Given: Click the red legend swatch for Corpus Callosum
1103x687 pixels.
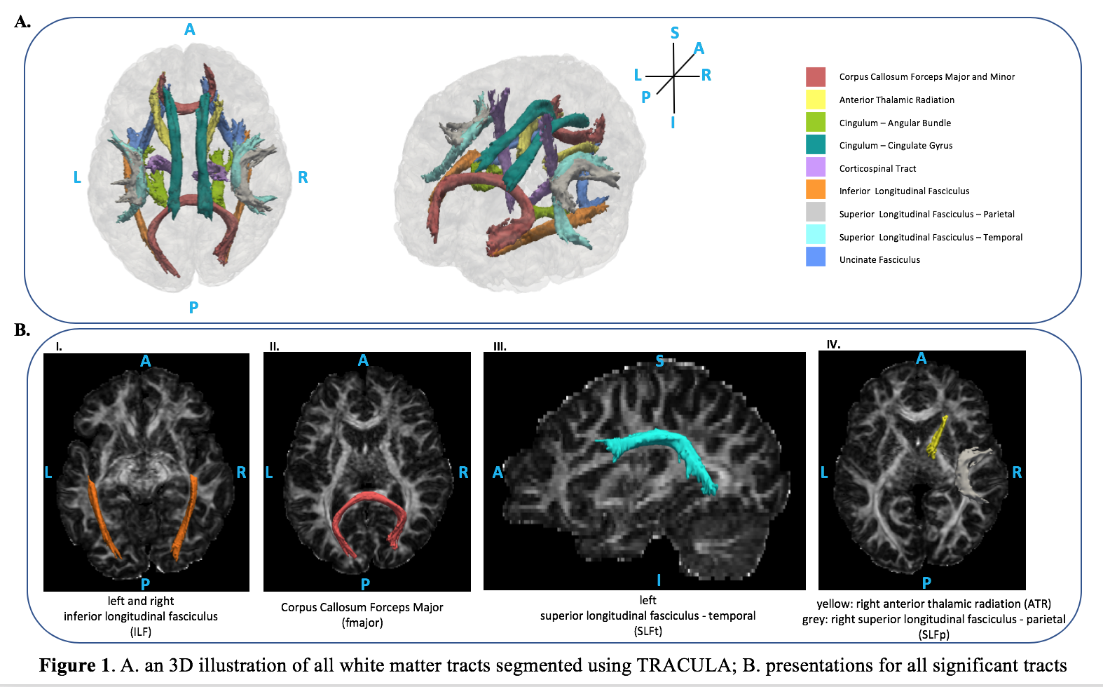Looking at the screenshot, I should click(x=815, y=76).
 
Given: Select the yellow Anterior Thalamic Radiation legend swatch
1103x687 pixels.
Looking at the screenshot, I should click(x=815, y=100).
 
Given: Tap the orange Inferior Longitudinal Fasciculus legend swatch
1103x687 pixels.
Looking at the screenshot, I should click(x=815, y=190).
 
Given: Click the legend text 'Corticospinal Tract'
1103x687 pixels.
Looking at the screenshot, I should click(x=877, y=168).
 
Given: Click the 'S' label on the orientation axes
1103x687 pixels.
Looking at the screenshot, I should click(x=674, y=33).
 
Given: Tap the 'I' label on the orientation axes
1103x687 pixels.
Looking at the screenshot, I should click(x=673, y=123).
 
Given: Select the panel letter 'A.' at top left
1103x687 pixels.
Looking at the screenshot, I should click(x=22, y=22).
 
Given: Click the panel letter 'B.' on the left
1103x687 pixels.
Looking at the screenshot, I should click(x=22, y=329).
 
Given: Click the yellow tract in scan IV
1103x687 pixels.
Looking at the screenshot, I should click(x=937, y=437).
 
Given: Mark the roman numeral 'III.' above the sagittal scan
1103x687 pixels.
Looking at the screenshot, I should click(x=500, y=346).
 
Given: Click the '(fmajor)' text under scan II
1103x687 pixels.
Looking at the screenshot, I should click(x=362, y=623).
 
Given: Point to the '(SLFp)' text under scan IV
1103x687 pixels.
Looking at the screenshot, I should click(x=933, y=634).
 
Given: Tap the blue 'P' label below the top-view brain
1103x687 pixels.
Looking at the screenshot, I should click(x=193, y=307).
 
